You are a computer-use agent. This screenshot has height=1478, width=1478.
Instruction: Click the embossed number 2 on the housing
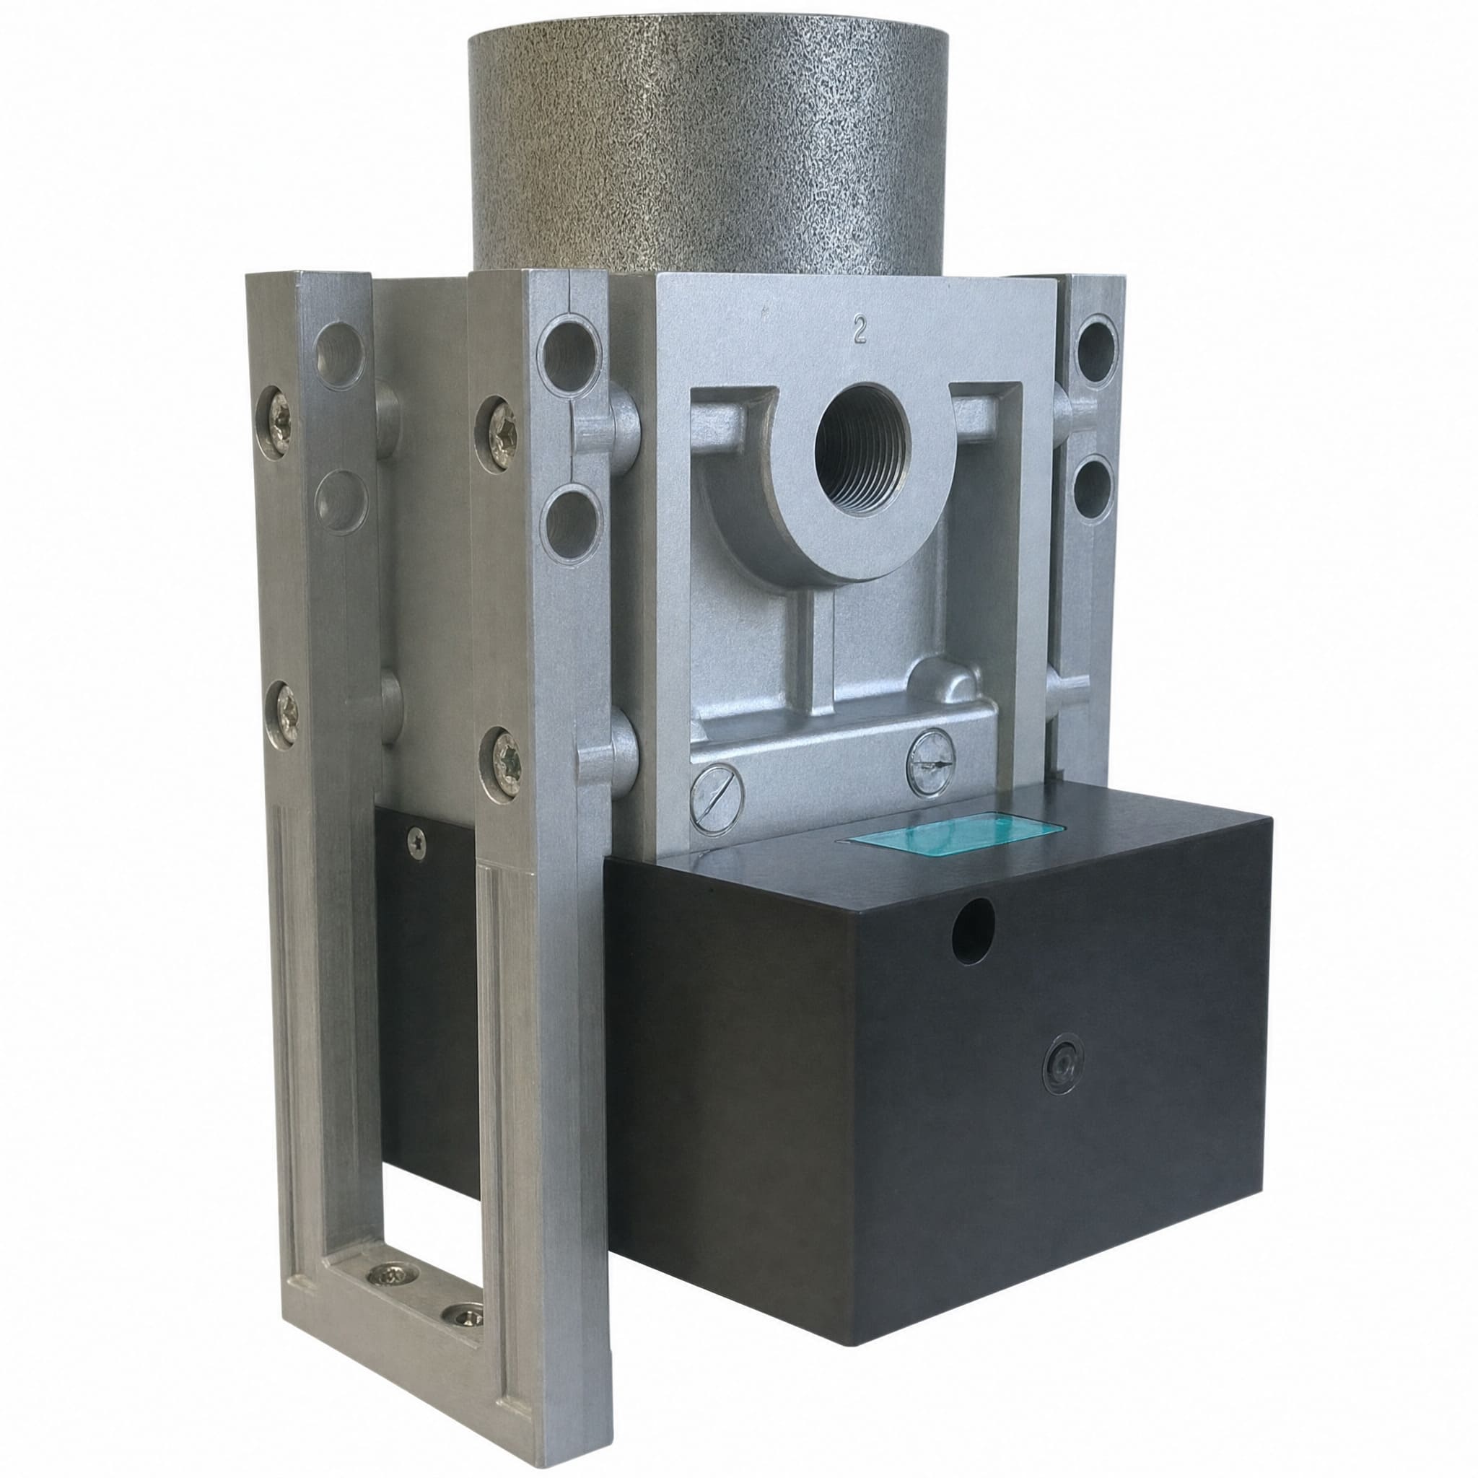click(860, 331)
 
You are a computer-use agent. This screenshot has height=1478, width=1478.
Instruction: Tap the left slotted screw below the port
click(716, 797)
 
